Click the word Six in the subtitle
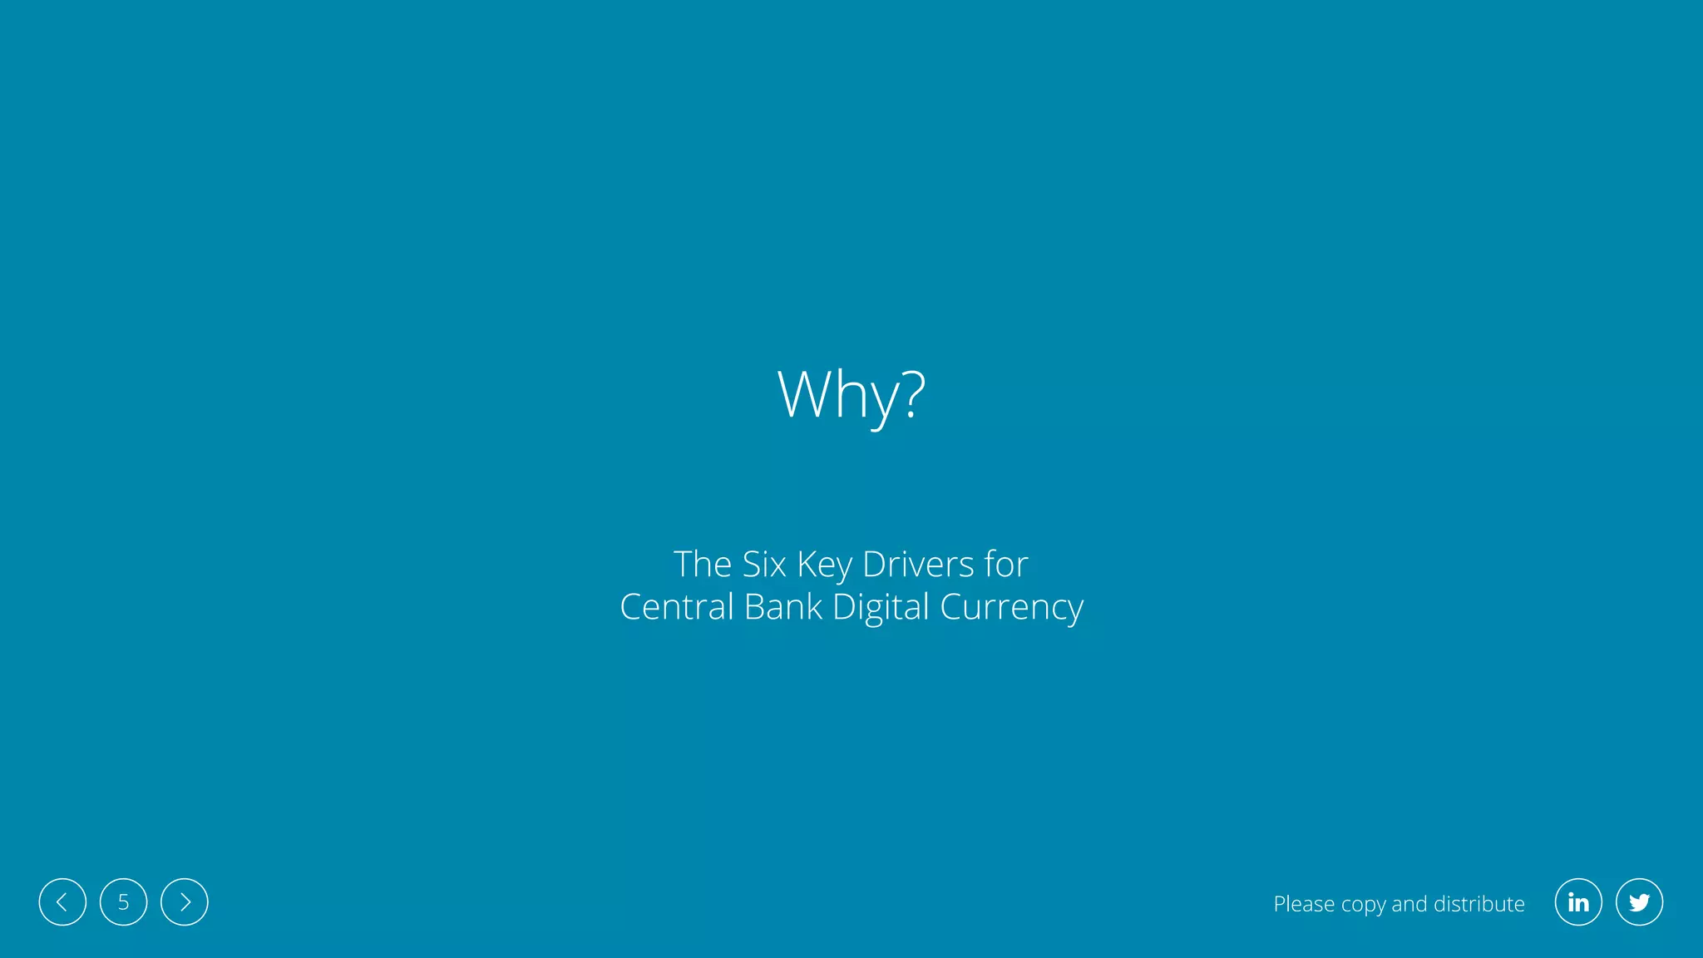(763, 565)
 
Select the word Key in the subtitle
(824, 565)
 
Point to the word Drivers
(918, 565)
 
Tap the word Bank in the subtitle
(782, 607)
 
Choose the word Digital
(880, 608)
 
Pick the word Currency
(1011, 608)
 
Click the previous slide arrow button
(62, 902)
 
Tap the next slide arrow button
(185, 902)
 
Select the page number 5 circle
(123, 902)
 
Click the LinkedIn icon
(1578, 902)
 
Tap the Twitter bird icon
(1639, 902)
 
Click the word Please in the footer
(1304, 904)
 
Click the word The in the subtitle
(702, 565)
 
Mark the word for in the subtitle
(1006, 565)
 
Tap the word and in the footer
(1409, 904)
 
